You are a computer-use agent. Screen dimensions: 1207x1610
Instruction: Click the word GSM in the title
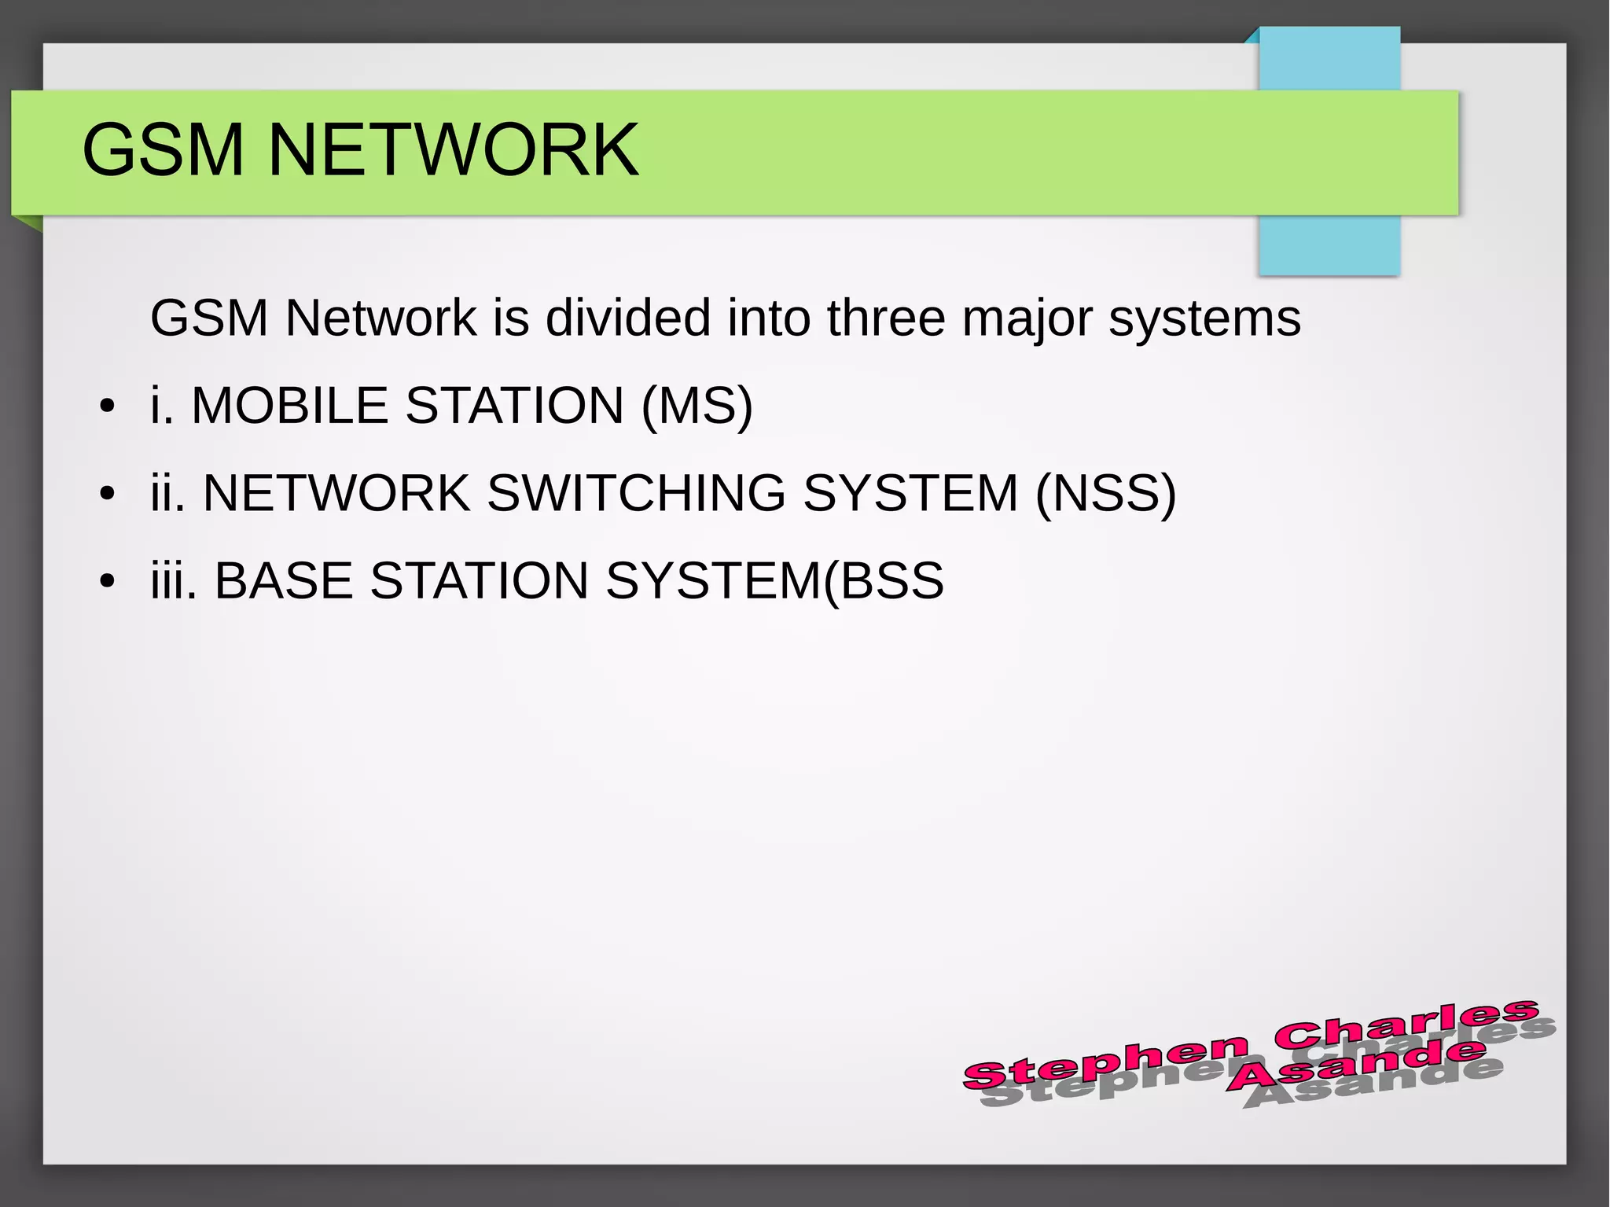(163, 150)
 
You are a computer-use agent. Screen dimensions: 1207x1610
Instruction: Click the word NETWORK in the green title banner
(454, 150)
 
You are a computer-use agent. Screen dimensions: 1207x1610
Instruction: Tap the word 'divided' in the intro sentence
(628, 318)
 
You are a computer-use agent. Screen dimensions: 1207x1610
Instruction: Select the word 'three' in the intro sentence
(886, 318)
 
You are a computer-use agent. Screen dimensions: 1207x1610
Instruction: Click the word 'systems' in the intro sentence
(1204, 320)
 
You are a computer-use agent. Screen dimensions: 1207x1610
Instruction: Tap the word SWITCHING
(636, 494)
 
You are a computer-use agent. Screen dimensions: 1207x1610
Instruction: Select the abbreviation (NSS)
(1105, 494)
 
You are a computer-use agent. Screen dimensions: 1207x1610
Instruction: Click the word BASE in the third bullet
(284, 581)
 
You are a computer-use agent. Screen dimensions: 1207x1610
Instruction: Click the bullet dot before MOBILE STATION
(108, 407)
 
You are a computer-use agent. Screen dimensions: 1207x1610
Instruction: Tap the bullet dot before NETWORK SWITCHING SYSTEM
(108, 495)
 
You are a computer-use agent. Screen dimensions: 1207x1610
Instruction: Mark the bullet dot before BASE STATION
(108, 582)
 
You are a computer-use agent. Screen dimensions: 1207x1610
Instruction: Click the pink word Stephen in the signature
(1105, 1062)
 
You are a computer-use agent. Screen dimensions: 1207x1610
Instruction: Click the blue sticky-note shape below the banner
(1329, 245)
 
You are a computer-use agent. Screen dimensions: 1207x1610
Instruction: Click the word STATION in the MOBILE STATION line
(514, 406)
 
